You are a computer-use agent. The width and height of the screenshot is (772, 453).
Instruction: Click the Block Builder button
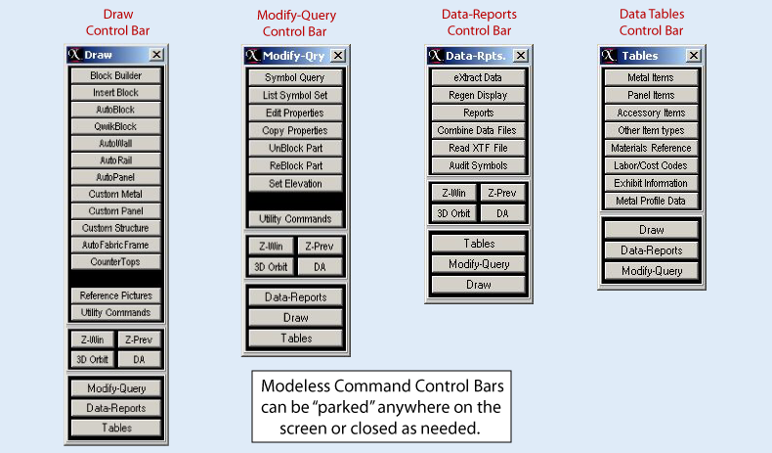115,75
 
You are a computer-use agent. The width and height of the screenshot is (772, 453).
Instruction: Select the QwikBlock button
115,126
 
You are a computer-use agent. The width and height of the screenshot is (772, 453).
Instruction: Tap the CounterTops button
115,262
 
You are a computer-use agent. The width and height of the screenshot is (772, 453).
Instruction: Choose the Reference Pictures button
115,295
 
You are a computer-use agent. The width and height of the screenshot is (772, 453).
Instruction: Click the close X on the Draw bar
156,54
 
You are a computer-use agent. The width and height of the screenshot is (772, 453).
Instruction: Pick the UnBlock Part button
295,148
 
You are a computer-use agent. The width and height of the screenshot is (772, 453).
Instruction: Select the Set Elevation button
295,183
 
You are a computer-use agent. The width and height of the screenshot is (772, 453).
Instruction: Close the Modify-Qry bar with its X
338,55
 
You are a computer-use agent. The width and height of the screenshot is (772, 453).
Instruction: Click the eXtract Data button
478,77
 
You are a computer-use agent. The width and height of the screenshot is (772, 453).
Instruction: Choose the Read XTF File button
478,148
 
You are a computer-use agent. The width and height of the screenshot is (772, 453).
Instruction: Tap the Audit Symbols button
478,165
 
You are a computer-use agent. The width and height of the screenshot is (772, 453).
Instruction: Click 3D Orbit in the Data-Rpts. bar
453,213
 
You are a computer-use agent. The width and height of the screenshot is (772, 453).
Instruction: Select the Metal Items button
651,77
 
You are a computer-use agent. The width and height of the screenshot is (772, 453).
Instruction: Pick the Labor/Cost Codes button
651,165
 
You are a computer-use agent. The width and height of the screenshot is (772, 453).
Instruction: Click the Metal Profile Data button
651,201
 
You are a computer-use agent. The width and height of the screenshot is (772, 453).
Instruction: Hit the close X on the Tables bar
694,55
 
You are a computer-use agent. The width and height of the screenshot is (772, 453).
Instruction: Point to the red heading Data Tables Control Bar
652,23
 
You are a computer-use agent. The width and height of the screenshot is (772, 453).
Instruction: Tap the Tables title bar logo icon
609,55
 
